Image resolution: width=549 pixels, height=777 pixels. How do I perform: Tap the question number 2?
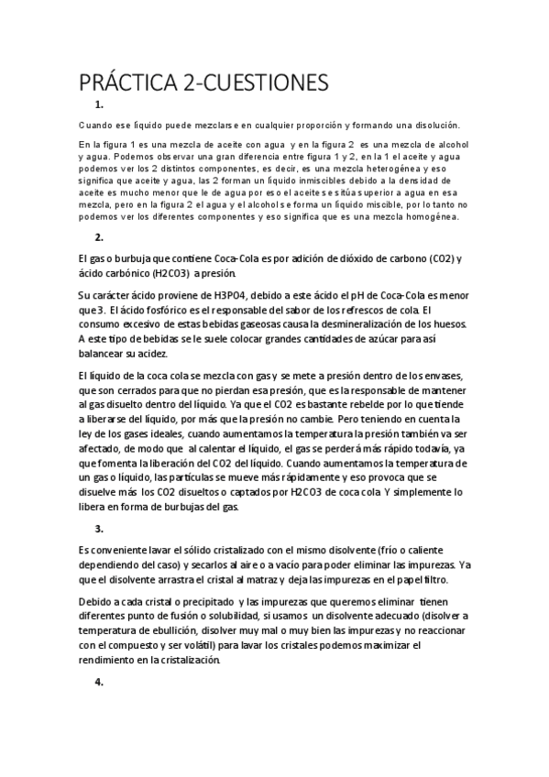click(99, 237)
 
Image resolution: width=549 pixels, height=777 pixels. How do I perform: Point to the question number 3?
click(99, 530)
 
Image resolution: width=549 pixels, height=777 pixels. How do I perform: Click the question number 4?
click(99, 683)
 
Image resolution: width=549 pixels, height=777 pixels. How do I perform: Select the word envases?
click(447, 376)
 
